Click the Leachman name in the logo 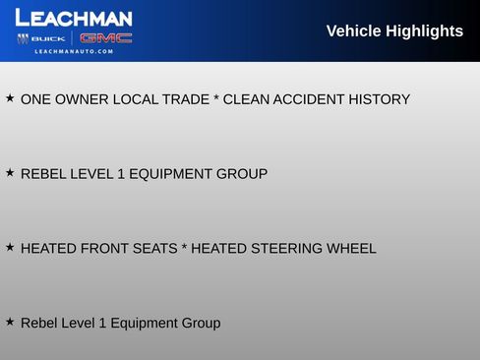74,18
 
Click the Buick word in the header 49,38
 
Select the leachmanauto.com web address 74,51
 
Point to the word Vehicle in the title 352,31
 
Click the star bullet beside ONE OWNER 10,98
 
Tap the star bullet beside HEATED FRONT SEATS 10,248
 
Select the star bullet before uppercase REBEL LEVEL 10,173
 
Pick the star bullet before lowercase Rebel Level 10,322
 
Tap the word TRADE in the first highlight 184,99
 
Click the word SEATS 151,249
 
